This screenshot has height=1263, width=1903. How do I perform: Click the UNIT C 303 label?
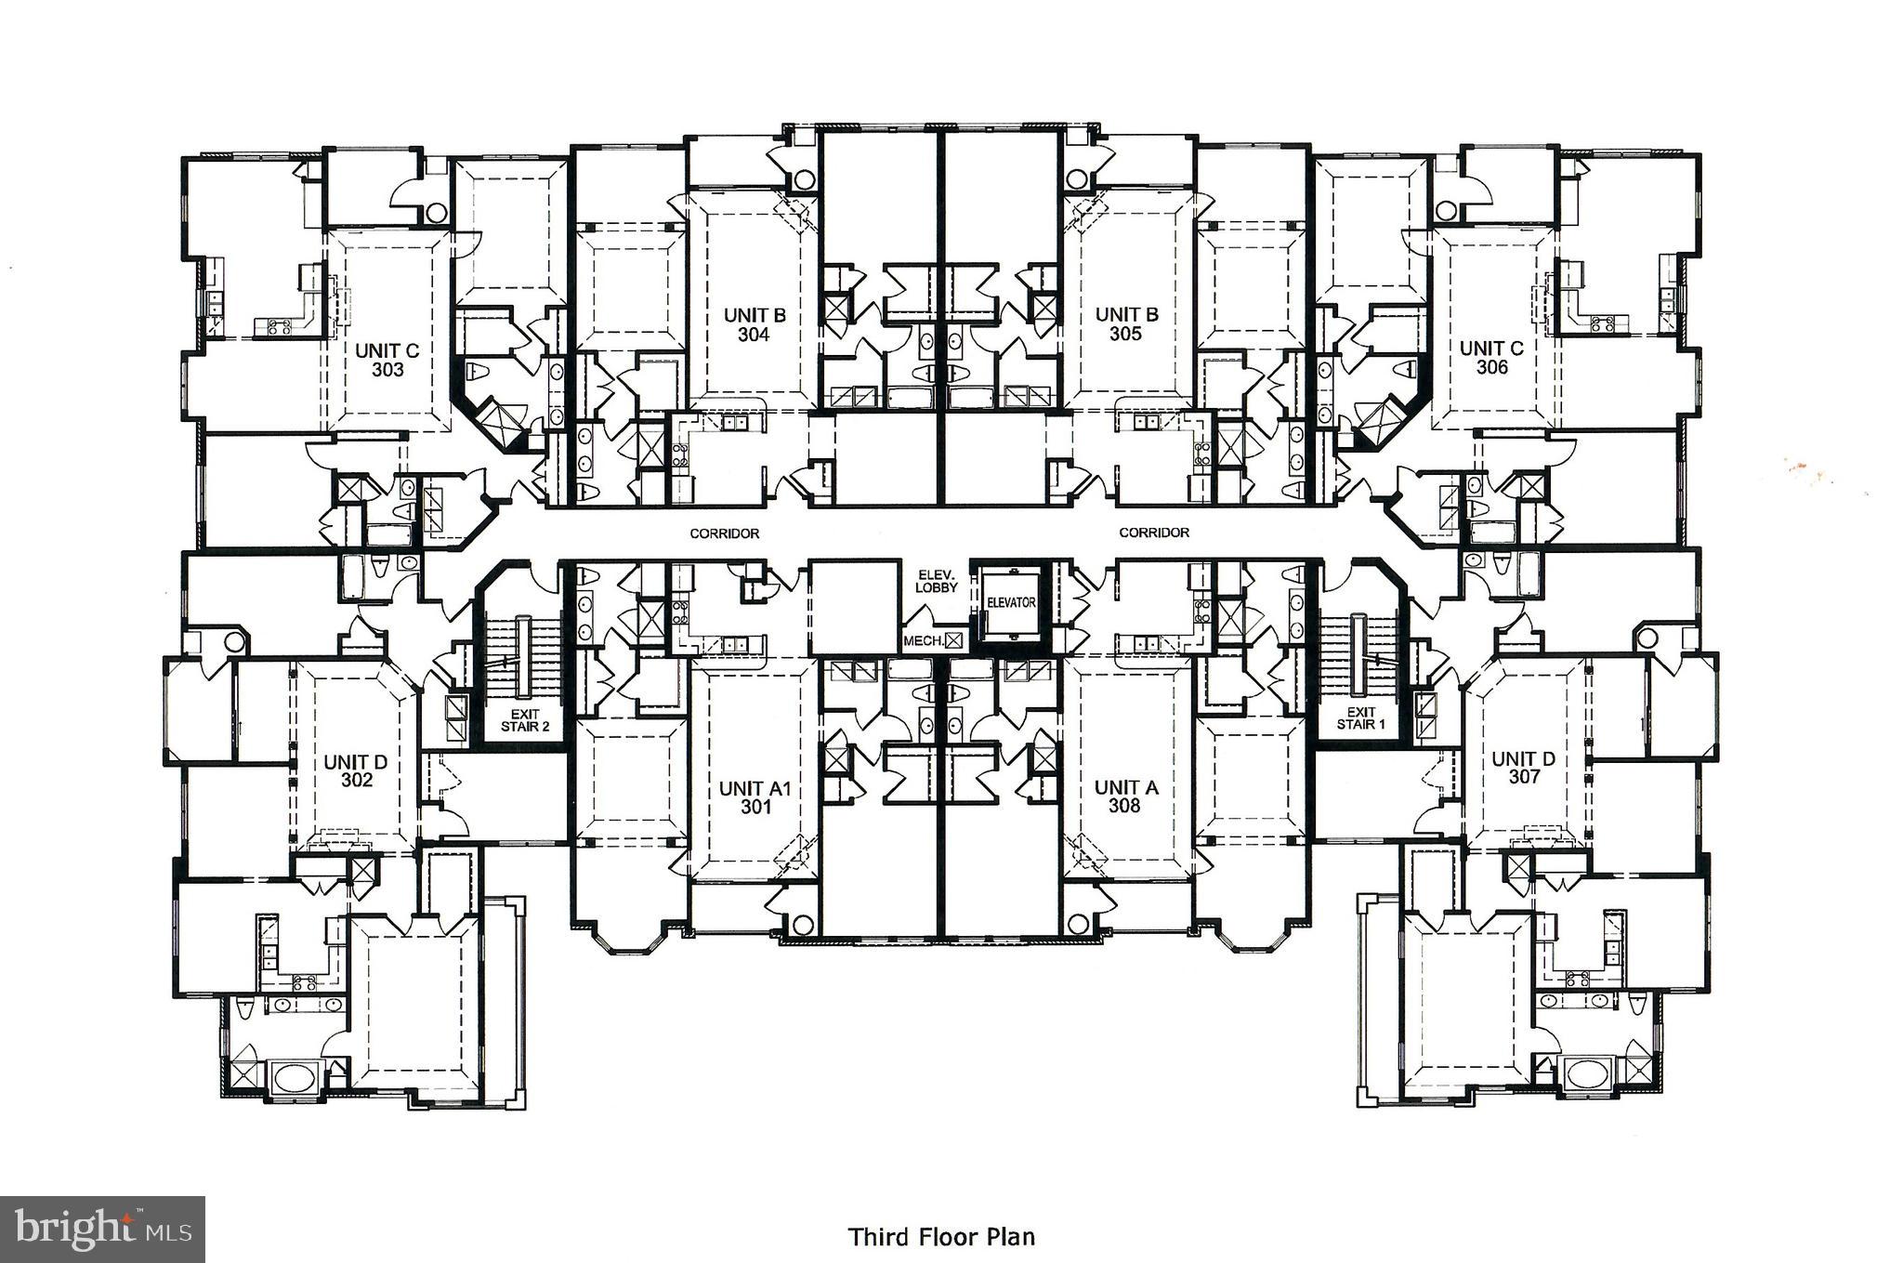point(387,360)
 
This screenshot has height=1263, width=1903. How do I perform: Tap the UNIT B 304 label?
point(755,324)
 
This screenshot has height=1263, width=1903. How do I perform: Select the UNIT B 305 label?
point(1125,324)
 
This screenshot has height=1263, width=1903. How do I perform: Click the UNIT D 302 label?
point(356,770)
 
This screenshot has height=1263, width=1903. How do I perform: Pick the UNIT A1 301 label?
point(755,797)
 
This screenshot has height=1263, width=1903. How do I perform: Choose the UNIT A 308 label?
point(1124,796)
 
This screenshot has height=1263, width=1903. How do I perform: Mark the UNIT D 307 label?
point(1523,768)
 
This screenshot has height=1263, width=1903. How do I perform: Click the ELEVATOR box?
point(1010,603)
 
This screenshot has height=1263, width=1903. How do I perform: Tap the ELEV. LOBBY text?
point(936,581)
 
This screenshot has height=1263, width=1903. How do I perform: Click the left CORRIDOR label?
point(724,533)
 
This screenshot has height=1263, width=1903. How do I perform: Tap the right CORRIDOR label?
point(1153,533)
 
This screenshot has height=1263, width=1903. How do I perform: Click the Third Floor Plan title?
point(940,1237)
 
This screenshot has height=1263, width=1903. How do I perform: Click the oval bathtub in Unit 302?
point(295,1080)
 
